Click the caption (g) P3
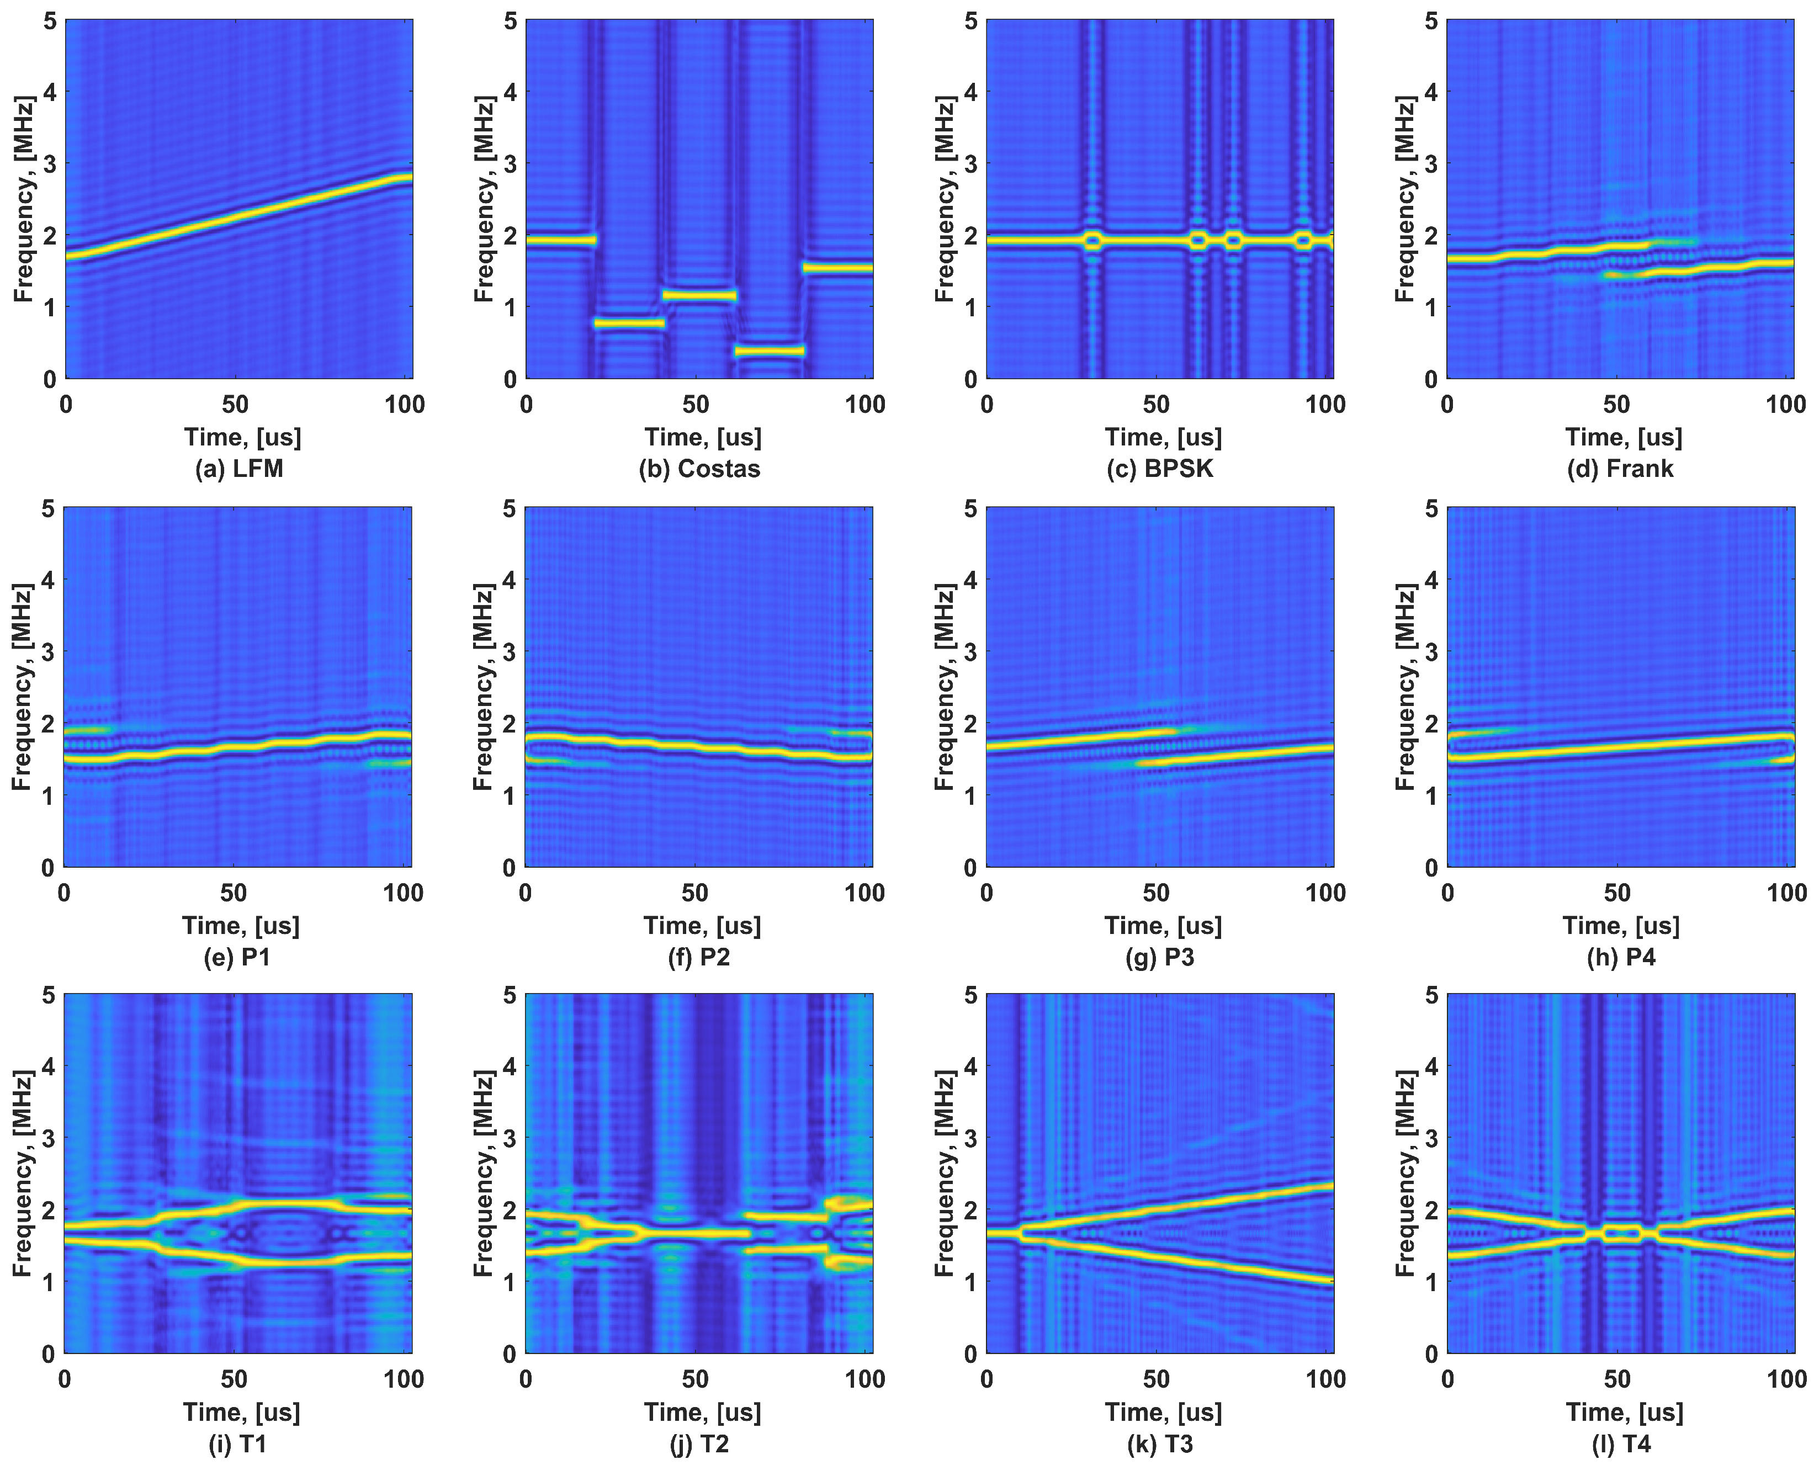coord(1160,957)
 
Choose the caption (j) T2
coord(699,1444)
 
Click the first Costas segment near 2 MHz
coord(560,241)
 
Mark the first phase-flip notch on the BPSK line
coord(1094,241)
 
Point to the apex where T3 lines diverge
coord(1022,1233)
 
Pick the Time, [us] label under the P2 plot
coord(702,926)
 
